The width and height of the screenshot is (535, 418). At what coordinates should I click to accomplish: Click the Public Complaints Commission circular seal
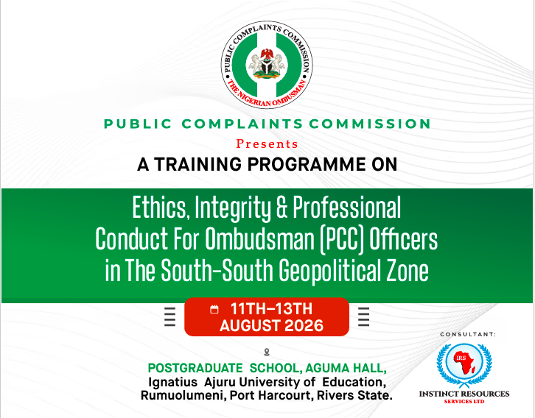[x=267, y=65]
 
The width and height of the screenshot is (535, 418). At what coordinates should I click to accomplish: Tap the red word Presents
[x=267, y=144]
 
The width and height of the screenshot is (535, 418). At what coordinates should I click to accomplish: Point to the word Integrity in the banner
[x=232, y=208]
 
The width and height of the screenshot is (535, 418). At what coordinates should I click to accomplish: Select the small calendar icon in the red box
[x=214, y=309]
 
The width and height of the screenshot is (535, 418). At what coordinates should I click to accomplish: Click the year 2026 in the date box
[x=304, y=326]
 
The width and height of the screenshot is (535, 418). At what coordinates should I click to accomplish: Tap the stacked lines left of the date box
[x=170, y=317]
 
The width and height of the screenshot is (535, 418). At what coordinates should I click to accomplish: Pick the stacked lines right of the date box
[x=364, y=317]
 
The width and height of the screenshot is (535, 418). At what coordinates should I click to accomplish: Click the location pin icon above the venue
[x=267, y=352]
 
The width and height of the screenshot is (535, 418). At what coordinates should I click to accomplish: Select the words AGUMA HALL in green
[x=346, y=368]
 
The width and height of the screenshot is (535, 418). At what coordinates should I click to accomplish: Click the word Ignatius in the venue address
[x=172, y=382]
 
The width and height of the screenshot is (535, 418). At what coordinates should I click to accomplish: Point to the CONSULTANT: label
[x=468, y=335]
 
